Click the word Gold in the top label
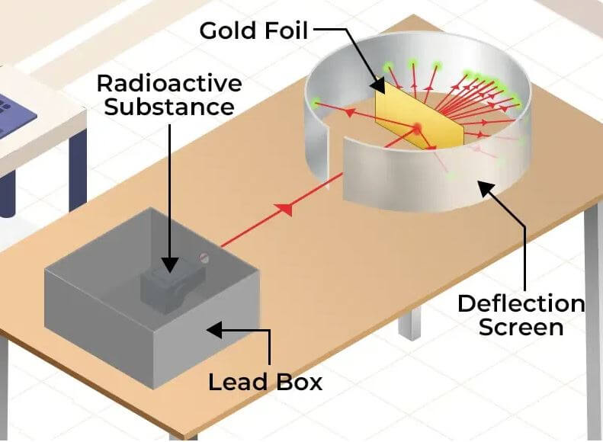[x=229, y=30]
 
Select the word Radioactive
[x=169, y=83]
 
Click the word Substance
[x=169, y=107]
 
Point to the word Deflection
[x=521, y=303]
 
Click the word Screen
[x=521, y=327]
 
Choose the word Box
[x=300, y=382]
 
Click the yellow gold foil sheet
[x=419, y=115]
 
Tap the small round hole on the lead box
[x=204, y=258]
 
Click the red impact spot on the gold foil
[x=417, y=128]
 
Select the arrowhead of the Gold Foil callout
[x=378, y=87]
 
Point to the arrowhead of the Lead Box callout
[x=214, y=330]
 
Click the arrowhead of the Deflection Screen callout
[x=485, y=188]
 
